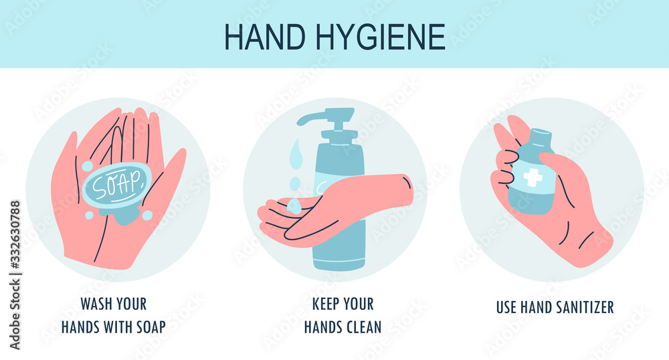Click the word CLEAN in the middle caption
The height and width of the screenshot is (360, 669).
point(363,327)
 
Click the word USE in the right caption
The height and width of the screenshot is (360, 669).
point(506,307)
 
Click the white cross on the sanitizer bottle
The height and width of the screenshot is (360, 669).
point(533,177)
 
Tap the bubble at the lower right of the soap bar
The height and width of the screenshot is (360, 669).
point(147,215)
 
